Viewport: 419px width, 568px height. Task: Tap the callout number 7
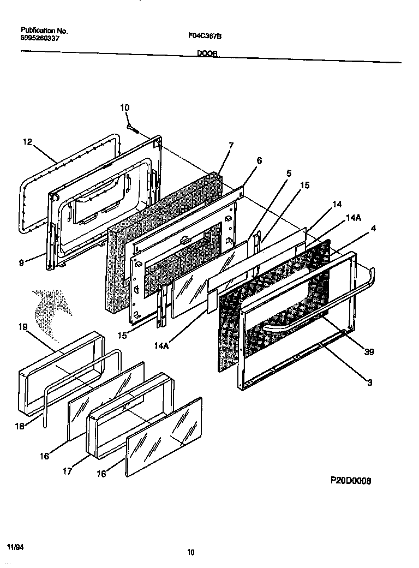231,146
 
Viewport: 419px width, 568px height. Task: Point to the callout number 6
259,160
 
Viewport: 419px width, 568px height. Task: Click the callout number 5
289,174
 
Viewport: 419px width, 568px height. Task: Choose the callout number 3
369,383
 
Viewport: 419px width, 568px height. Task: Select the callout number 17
67,471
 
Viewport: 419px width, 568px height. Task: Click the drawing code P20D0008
351,481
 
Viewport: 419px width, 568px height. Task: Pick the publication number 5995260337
40,38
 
